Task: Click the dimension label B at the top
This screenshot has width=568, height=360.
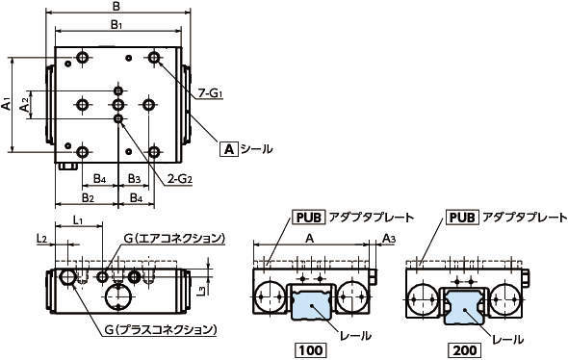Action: tap(116, 6)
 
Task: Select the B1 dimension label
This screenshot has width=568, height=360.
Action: tap(116, 25)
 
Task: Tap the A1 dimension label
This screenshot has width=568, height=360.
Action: tap(6, 103)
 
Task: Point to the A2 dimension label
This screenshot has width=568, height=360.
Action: tap(25, 105)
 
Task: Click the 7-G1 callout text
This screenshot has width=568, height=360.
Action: tap(210, 93)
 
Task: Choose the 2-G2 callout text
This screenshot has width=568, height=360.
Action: tap(179, 178)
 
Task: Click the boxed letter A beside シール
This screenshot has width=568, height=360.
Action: tap(229, 149)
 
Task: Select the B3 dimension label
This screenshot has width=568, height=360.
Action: tap(135, 178)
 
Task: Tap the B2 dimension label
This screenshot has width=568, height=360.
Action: tap(88, 197)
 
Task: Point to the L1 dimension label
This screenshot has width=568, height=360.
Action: tap(79, 219)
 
